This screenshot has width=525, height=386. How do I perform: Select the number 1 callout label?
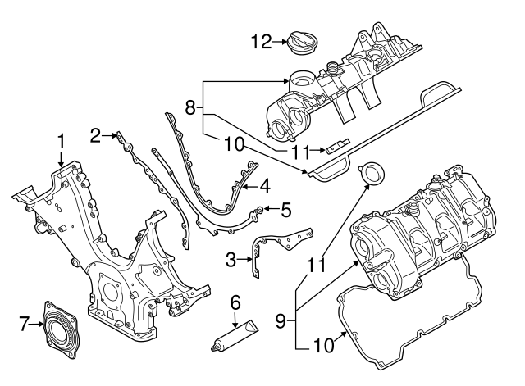click(60, 140)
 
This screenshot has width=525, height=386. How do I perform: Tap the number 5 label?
click(285, 210)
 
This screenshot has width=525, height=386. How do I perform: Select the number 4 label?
click(264, 187)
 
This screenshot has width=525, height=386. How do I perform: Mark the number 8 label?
click(189, 107)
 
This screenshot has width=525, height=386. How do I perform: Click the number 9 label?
click(281, 321)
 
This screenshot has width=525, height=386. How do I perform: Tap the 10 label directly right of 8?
click(234, 145)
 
